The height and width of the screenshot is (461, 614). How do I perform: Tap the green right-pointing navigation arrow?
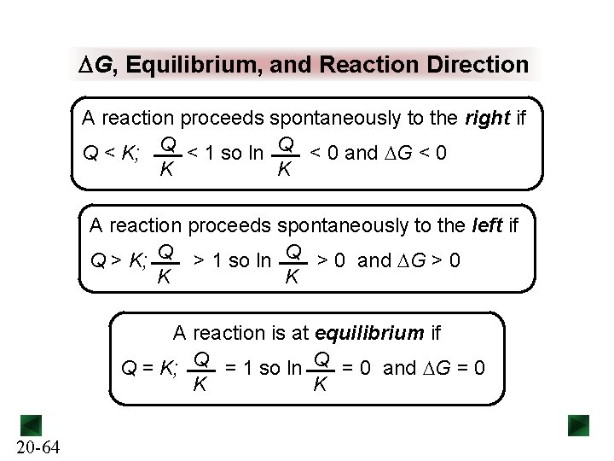coord(579,424)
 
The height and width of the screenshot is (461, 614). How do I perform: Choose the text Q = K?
coord(150,369)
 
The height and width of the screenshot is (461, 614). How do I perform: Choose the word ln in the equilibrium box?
coord(294,369)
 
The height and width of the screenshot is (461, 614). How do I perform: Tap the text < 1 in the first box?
coord(201,154)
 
